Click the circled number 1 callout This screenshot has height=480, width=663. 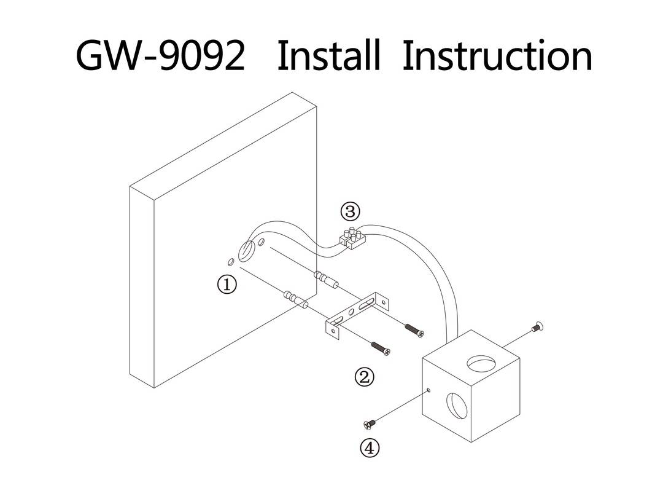pos(227,285)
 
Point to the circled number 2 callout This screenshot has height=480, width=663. pos(365,376)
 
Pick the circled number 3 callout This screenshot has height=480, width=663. pos(350,212)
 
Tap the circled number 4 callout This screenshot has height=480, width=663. pos(369,448)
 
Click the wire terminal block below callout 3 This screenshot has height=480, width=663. pos(352,238)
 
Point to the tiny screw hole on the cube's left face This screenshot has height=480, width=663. pos(428,390)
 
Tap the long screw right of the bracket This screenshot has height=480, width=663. pos(413,329)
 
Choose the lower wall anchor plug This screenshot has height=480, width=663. pos(295,299)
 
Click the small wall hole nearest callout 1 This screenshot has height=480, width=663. pos(230,262)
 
